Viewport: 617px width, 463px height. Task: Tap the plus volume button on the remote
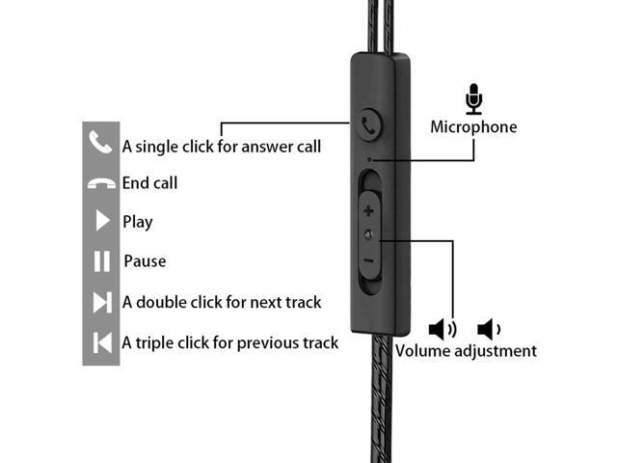(x=368, y=209)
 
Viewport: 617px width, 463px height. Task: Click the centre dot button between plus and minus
(x=368, y=234)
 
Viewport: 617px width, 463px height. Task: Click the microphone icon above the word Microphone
(x=472, y=98)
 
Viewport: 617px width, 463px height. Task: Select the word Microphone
(x=472, y=127)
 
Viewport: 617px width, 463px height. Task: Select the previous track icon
(x=101, y=341)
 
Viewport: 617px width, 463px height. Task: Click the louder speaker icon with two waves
(x=443, y=330)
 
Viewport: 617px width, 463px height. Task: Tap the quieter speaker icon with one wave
(x=490, y=330)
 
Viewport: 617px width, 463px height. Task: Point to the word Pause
(x=145, y=261)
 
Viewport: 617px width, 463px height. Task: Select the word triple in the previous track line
(x=153, y=342)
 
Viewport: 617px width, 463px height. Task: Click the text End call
(x=149, y=183)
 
